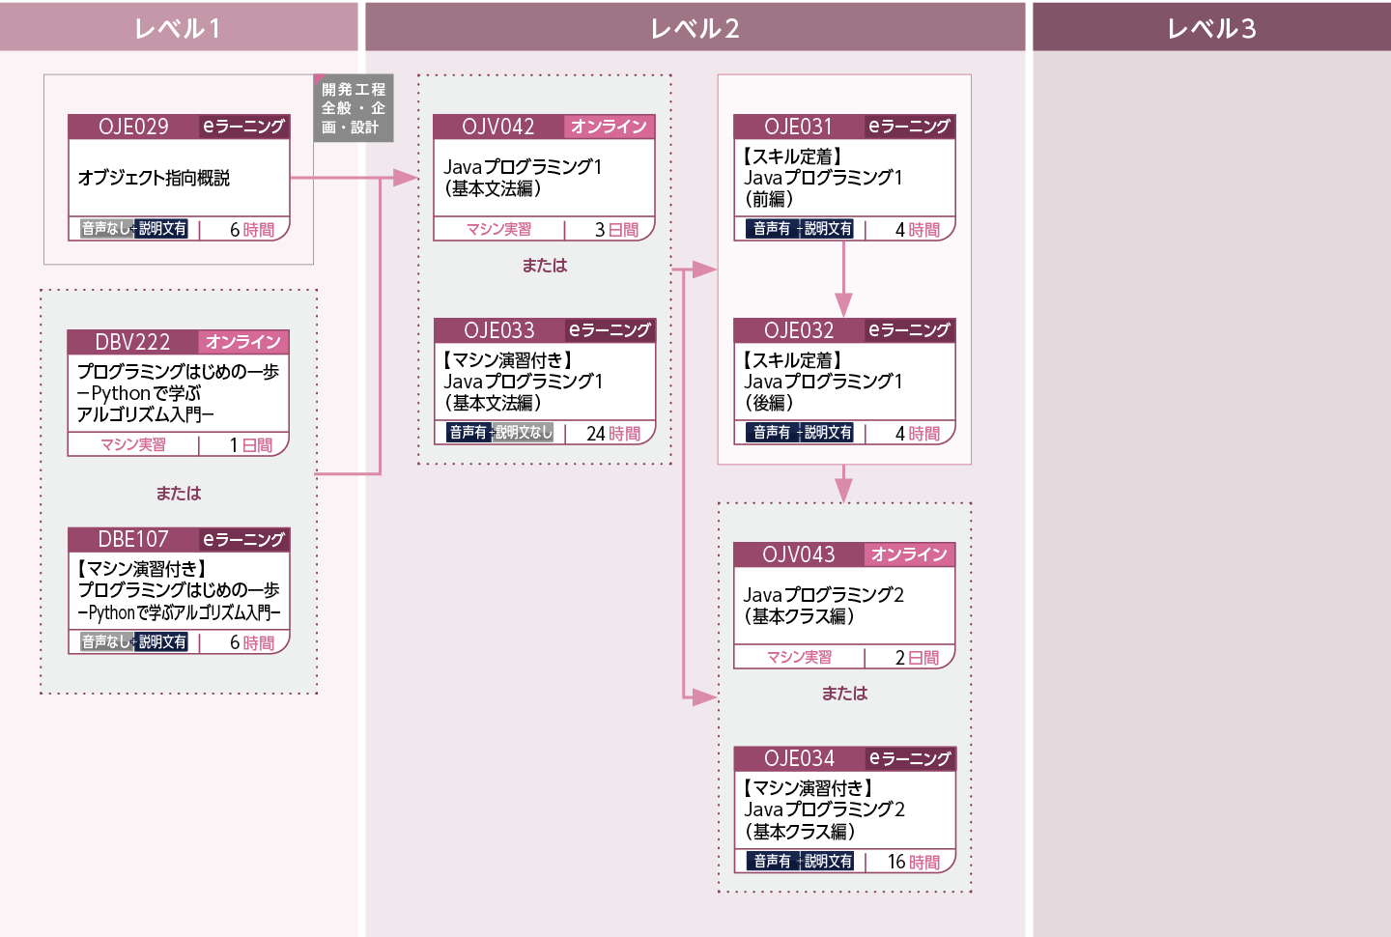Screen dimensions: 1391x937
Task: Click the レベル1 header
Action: [178, 27]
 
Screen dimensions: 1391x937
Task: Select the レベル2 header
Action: [695, 27]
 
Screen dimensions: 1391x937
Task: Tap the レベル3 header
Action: [1211, 27]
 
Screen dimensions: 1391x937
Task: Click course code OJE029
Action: [133, 127]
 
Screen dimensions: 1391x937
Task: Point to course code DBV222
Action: [132, 342]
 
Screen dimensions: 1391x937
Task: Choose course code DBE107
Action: [133, 539]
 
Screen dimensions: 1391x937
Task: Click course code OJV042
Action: [498, 127]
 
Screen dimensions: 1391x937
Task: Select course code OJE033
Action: [498, 330]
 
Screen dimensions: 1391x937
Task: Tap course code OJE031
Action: [798, 127]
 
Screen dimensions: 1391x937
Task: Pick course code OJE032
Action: [799, 330]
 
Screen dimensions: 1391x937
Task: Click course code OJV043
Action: [799, 554]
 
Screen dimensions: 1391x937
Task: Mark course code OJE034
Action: [799, 758]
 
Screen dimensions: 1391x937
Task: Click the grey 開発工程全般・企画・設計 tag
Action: [354, 108]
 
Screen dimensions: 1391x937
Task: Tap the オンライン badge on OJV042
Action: [610, 127]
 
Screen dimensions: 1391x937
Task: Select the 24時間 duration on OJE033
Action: [612, 434]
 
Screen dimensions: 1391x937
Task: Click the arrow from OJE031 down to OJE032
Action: [843, 279]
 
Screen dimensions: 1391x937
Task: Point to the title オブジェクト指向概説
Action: [154, 178]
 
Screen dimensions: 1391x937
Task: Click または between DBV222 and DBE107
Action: [179, 493]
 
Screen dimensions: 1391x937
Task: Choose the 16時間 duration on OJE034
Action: [914, 862]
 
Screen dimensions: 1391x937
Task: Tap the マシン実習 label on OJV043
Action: [799, 657]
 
